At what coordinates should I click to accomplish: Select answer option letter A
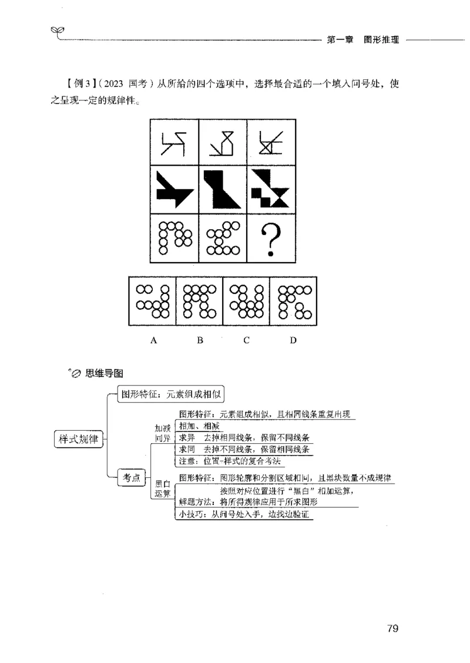point(153,340)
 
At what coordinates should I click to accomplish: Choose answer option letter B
point(200,340)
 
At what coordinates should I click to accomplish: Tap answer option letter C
point(247,340)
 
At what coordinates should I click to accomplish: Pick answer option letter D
point(293,340)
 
